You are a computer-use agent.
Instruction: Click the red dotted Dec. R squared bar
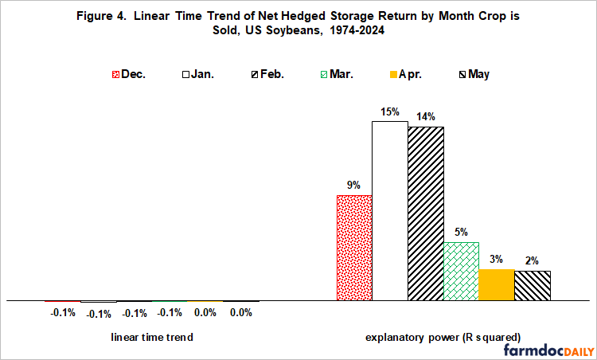tap(354, 248)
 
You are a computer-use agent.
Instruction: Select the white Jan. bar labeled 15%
tap(390, 211)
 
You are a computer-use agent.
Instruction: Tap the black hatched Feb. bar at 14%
tap(426, 213)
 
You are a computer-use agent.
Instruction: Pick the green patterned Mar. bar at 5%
tap(461, 272)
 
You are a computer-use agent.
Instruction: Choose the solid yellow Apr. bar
tap(496, 284)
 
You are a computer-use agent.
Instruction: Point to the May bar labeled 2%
tap(532, 285)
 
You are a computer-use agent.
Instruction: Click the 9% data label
tap(354, 186)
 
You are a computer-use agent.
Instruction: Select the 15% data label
tap(390, 112)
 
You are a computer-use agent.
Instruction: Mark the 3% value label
tap(496, 260)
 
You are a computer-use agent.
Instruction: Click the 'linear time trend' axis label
tap(151, 337)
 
